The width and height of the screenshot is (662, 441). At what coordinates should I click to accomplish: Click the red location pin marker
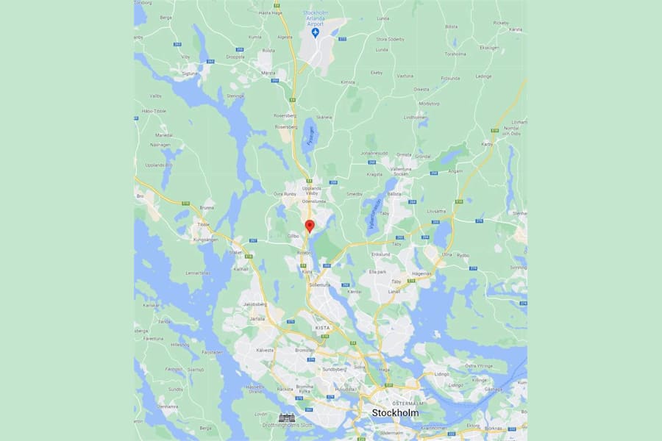(x=310, y=226)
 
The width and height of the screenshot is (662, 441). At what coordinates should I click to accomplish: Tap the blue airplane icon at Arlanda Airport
(x=315, y=33)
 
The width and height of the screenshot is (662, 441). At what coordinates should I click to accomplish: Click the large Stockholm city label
(x=395, y=412)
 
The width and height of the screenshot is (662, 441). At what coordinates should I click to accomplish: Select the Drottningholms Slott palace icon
(x=285, y=417)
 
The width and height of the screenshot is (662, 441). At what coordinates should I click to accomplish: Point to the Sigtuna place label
(x=190, y=73)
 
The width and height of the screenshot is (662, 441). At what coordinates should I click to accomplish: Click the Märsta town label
(x=268, y=73)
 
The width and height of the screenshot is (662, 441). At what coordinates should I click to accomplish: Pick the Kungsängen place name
(x=206, y=240)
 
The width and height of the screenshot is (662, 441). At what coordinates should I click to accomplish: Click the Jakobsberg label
(x=253, y=303)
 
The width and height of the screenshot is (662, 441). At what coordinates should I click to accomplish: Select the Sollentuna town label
(x=321, y=284)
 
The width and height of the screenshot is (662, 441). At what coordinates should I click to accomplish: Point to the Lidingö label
(x=442, y=374)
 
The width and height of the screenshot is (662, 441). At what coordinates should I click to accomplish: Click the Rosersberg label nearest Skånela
(x=285, y=116)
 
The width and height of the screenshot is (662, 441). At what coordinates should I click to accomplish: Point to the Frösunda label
(x=450, y=78)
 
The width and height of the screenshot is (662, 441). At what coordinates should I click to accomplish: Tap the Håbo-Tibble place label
(x=154, y=110)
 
